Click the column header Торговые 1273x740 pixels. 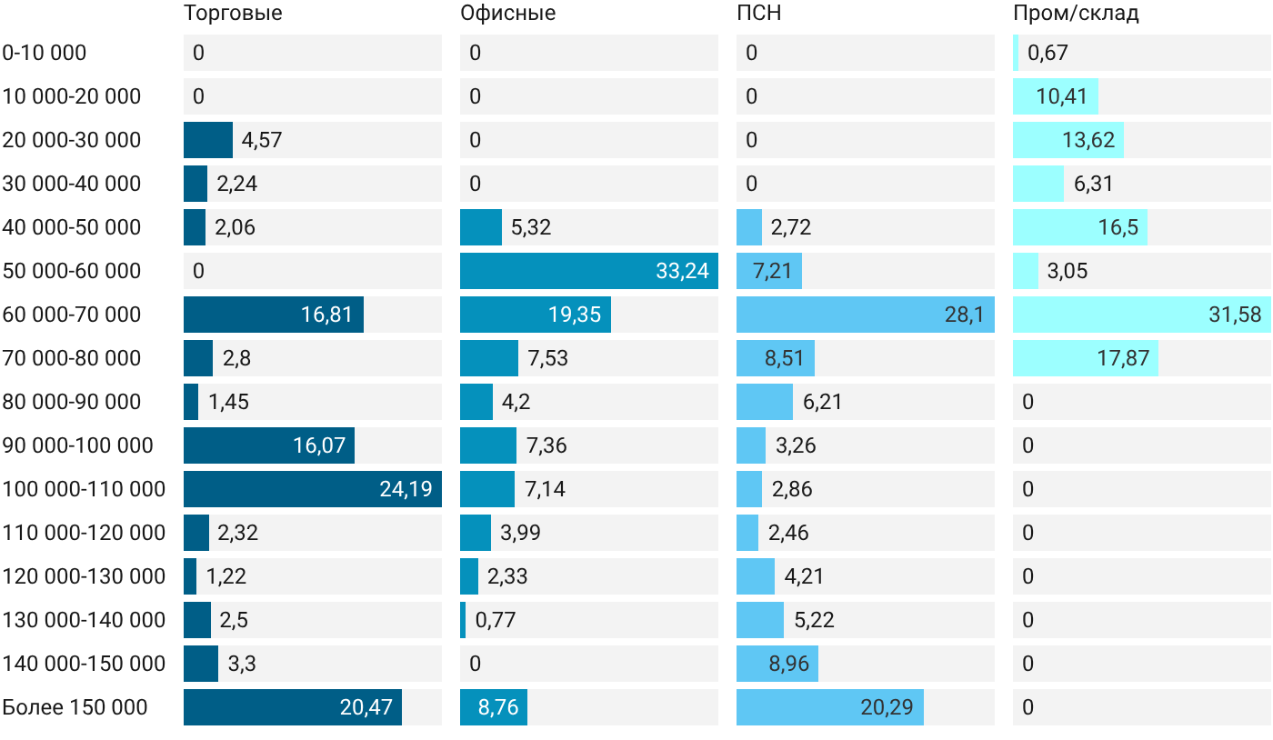point(233,13)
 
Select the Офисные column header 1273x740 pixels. point(507,13)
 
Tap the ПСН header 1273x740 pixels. point(758,13)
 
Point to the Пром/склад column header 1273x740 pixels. point(1076,13)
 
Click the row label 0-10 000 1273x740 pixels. point(45,53)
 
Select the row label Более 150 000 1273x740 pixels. point(75,707)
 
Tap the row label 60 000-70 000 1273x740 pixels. point(72,315)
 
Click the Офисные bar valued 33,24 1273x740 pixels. point(589,271)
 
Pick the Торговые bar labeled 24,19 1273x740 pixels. point(313,489)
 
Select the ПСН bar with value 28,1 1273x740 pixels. point(866,315)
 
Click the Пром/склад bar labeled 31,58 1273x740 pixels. point(1142,315)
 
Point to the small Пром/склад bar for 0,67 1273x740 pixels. point(1016,53)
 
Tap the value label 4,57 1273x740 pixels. point(262,140)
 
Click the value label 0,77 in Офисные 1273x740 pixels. point(495,619)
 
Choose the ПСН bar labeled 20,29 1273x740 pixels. point(830,707)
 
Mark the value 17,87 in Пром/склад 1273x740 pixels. point(1123,358)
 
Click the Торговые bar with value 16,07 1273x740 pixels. point(269,445)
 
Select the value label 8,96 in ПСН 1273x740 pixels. point(789,664)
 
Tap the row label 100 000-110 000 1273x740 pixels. point(84,489)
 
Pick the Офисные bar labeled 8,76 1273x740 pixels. point(494,707)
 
